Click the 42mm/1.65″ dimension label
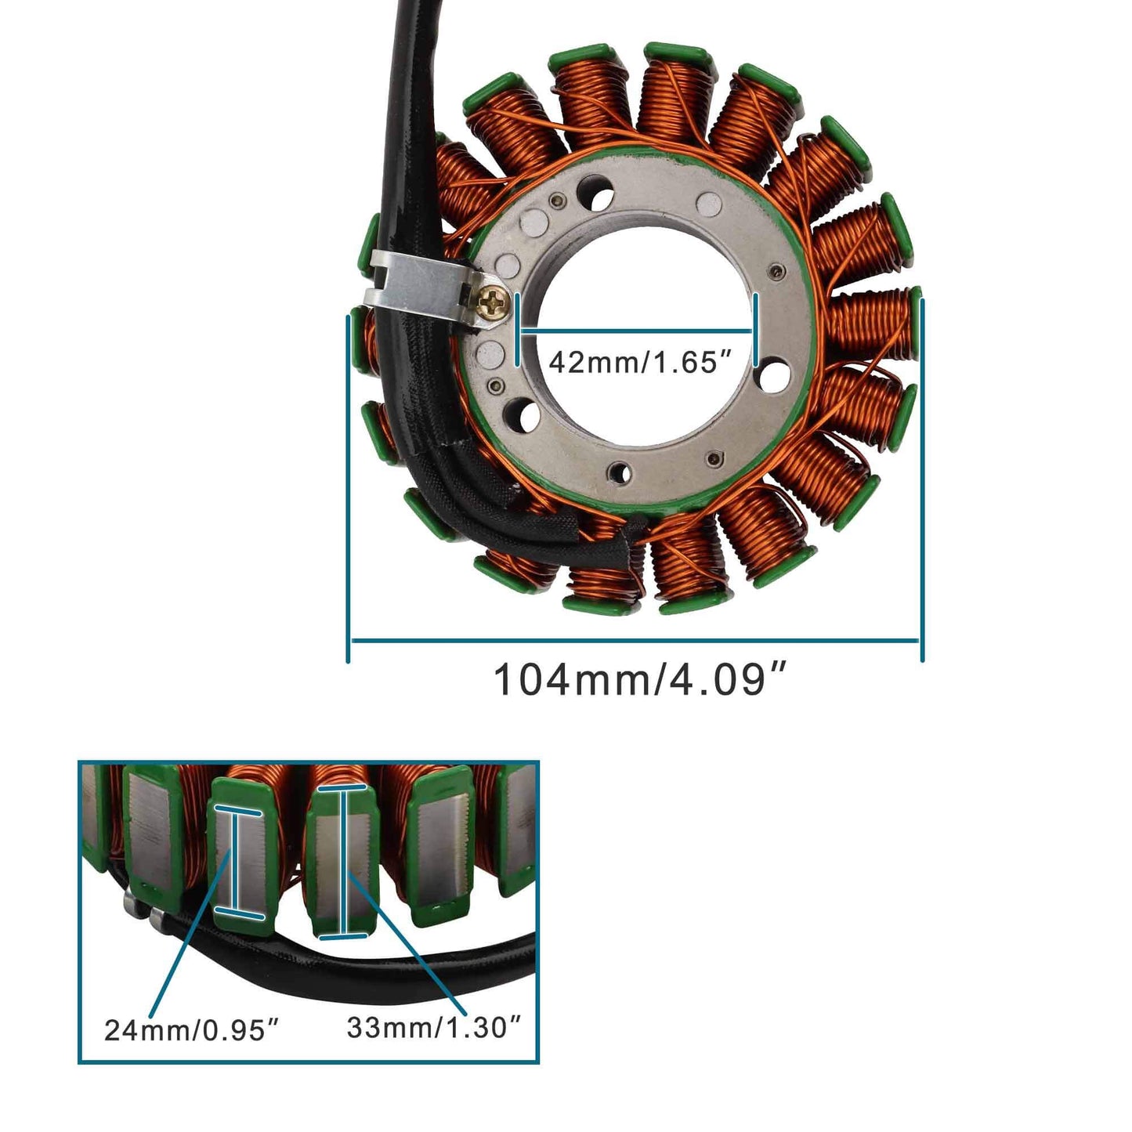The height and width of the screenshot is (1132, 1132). point(633,363)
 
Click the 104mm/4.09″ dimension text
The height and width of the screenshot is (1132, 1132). point(639,680)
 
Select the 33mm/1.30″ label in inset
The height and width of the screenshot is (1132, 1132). point(434,1027)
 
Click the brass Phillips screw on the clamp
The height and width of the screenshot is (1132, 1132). point(494,303)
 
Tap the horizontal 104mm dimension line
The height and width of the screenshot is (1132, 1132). point(635,641)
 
